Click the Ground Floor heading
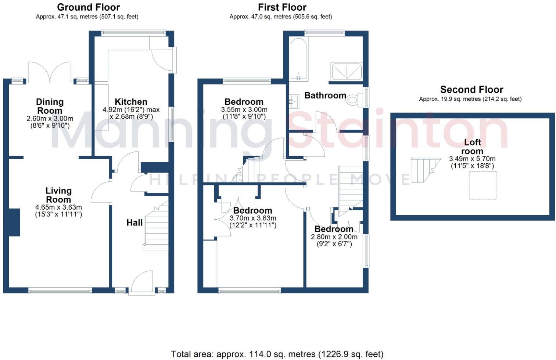coord(88,7)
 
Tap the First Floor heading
coord(282,7)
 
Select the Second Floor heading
coord(471,89)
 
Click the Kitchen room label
coord(131,102)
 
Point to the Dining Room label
coord(50,106)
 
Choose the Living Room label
coord(58,195)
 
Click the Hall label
coord(134,222)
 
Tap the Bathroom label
coord(325,96)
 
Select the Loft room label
coord(472,147)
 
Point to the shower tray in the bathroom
coord(347,71)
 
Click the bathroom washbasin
coord(293,100)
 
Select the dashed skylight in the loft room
coord(483,186)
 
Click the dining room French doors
coord(50,72)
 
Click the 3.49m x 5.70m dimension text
coord(472,159)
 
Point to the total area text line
coord(277,354)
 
